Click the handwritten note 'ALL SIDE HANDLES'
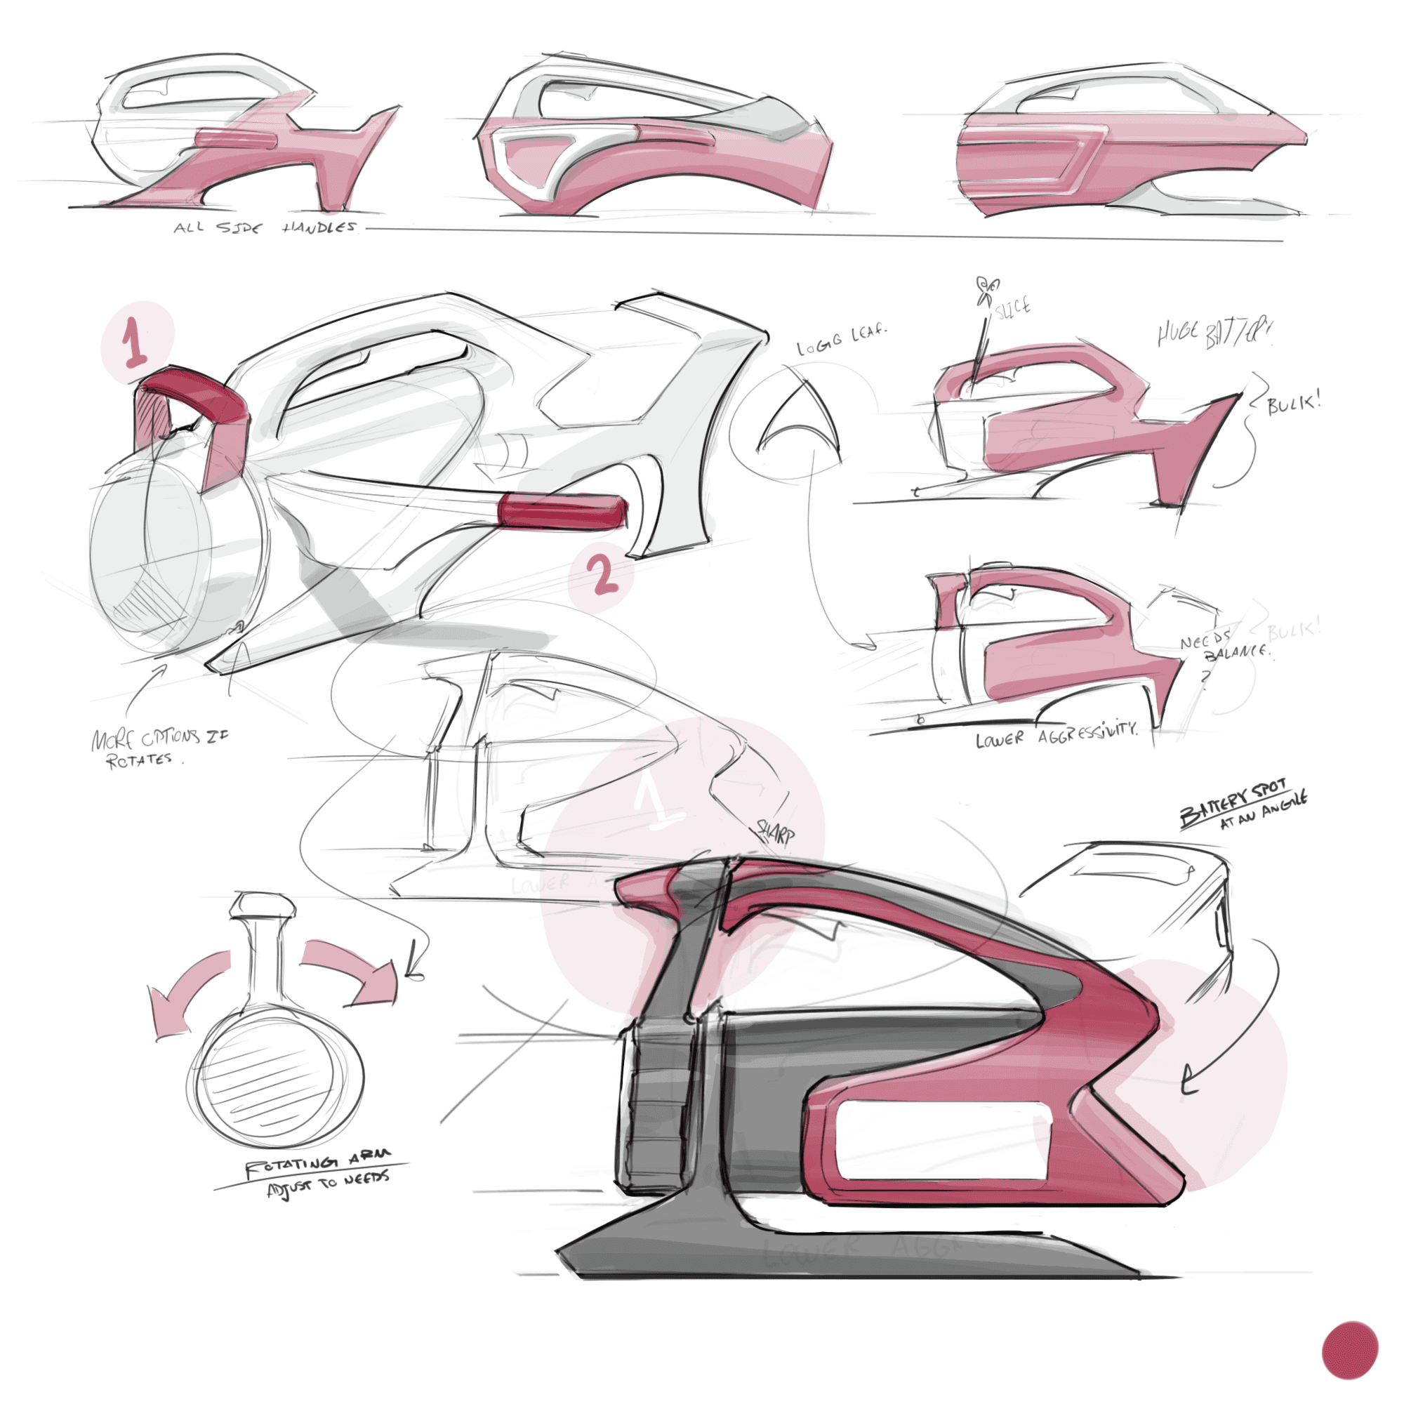(265, 227)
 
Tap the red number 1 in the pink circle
(135, 342)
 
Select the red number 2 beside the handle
(603, 576)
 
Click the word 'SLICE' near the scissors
(1012, 307)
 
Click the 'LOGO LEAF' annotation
(842, 339)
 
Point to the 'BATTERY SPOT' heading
(1233, 802)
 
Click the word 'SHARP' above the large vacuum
(776, 832)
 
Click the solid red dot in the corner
(1349, 1349)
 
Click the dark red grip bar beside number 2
(562, 511)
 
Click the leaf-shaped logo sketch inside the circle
(799, 421)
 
